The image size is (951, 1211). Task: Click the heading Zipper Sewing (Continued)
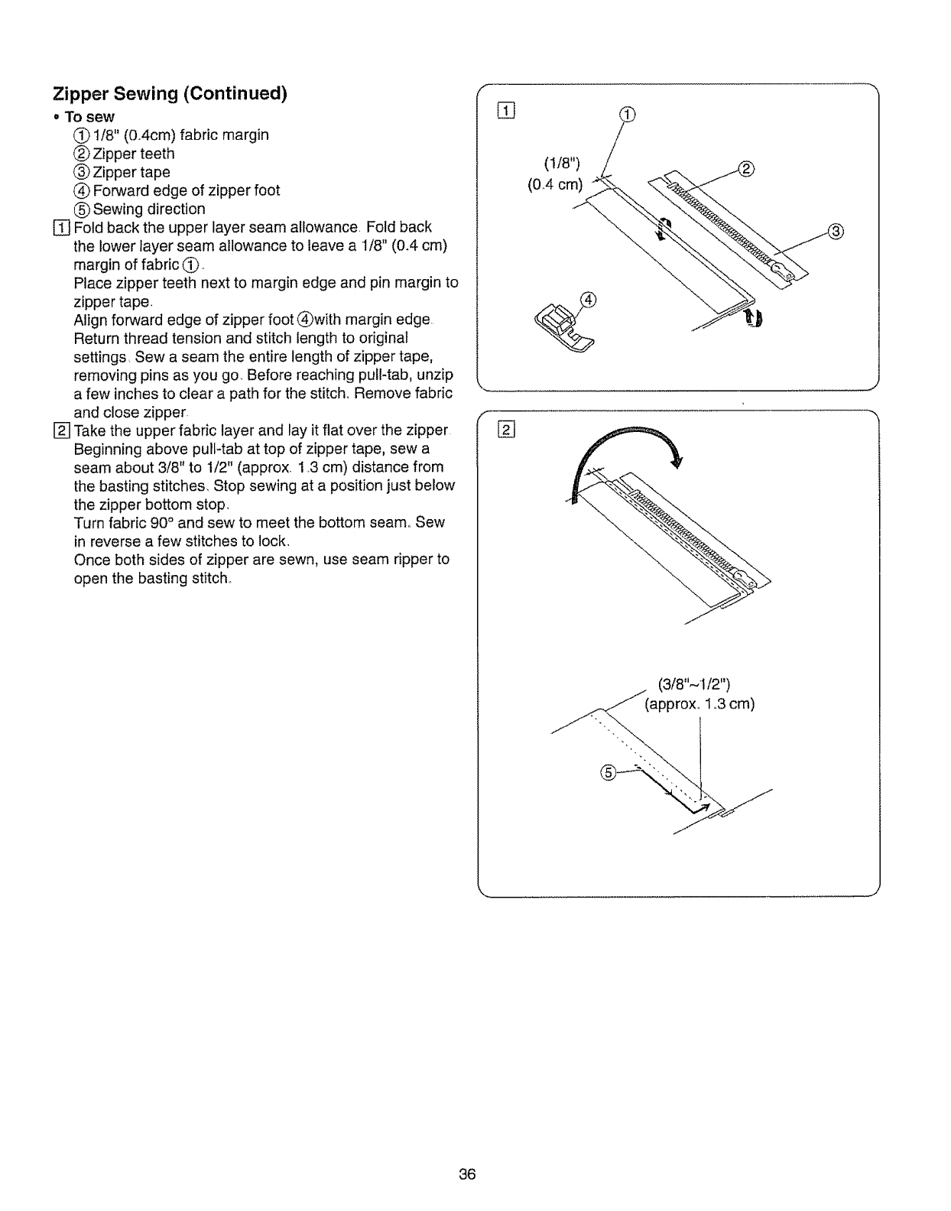170,94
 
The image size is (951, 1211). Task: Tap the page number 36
468,1174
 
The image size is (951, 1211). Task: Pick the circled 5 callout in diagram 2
609,774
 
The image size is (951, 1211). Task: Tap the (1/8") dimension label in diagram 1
562,163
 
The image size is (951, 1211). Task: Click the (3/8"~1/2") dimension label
695,683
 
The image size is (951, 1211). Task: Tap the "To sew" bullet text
89,116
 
